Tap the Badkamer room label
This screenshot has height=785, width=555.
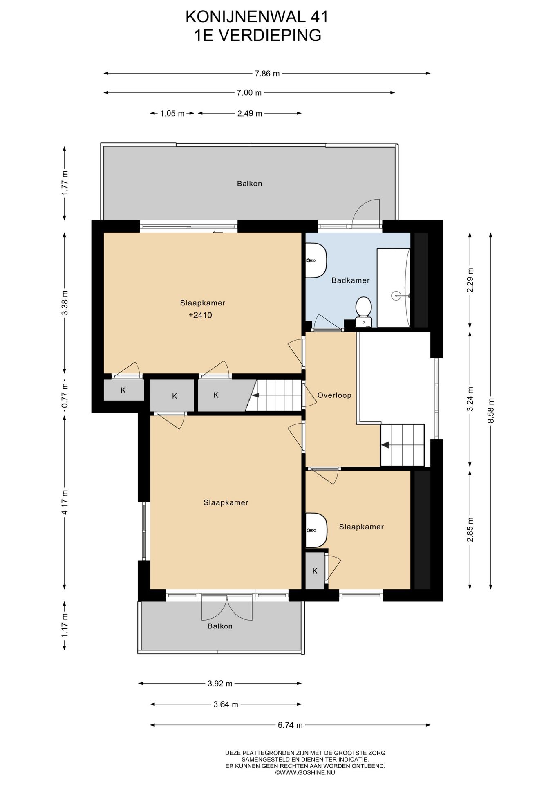point(350,280)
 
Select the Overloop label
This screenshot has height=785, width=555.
point(334,395)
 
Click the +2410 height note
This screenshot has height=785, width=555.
point(200,315)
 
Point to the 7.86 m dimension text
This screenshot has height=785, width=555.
point(267,74)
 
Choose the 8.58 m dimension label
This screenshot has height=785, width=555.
point(491,411)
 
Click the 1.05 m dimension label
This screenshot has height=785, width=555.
point(172,114)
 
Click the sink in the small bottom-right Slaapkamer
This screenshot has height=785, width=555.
point(316,530)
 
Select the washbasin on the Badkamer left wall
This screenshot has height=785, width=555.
point(316,260)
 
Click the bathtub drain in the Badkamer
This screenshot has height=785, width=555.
point(396,294)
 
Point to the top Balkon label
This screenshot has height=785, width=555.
point(249,184)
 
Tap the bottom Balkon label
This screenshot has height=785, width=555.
point(220,626)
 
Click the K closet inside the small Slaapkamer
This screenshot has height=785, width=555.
point(315,571)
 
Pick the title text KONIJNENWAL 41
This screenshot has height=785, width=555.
point(257,17)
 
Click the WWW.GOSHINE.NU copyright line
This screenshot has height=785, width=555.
point(305,772)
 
